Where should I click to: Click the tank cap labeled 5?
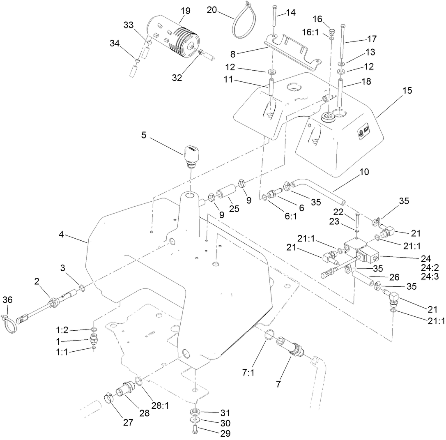click(x=191, y=154)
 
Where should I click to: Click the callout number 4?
click(x=62, y=235)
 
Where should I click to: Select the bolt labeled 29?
click(x=195, y=429)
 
